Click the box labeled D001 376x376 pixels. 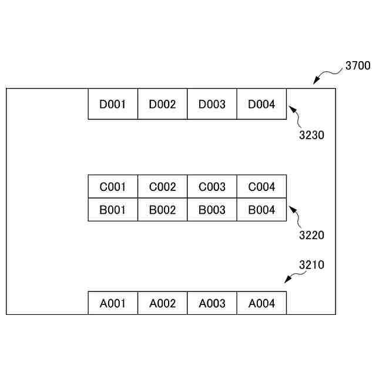coord(113,105)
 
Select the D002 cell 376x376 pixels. coord(162,105)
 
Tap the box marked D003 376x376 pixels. coord(212,105)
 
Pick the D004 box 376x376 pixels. coord(261,105)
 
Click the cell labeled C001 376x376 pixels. coord(113,187)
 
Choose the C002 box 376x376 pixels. coord(162,187)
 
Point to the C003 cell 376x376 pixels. coord(212,187)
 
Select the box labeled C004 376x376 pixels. coord(261,187)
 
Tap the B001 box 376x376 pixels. coord(113,210)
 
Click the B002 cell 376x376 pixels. coord(162,210)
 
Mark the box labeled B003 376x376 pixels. coord(212,210)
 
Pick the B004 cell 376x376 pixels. coord(261,210)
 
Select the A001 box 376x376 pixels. coord(113,303)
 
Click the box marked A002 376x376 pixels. coord(162,303)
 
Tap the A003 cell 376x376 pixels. coord(212,303)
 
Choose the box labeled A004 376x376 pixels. coord(261,303)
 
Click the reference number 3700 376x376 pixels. coord(358,66)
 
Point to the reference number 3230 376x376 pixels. coord(311,135)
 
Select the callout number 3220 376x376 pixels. coord(311,236)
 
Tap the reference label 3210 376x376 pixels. coord(311,265)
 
